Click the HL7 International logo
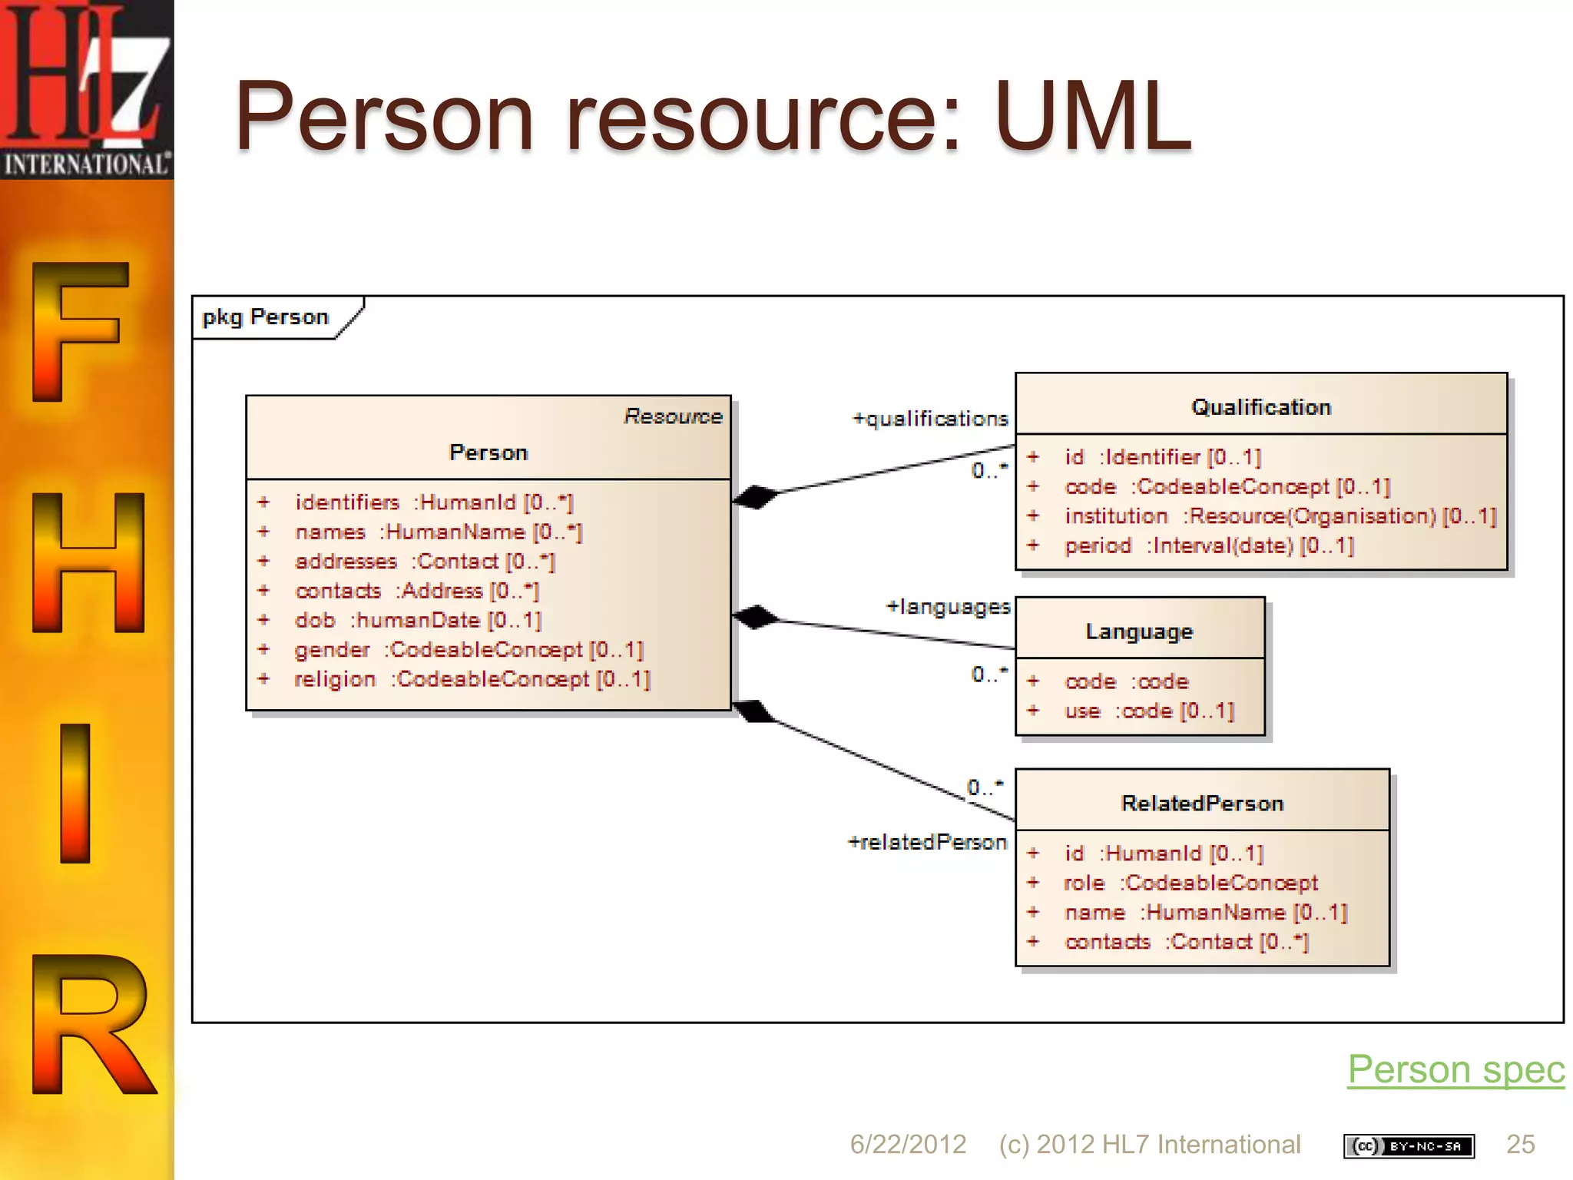tap(87, 88)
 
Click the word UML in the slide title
tap(1092, 117)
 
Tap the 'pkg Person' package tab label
tap(265, 317)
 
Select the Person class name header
tap(488, 452)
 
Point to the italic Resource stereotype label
tap(673, 416)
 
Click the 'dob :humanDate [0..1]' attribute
tap(418, 620)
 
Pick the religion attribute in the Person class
tap(472, 679)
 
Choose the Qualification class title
tap(1261, 407)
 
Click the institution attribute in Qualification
tap(1280, 516)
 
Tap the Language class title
tap(1139, 631)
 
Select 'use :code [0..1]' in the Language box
tap(1149, 711)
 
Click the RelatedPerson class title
tap(1202, 804)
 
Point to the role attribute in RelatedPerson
tap(1191, 883)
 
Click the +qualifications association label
tap(930, 419)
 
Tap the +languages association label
tap(948, 607)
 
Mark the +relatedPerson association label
tap(927, 842)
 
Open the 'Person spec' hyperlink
tap(1455, 1069)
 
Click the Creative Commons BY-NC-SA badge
tap(1409, 1146)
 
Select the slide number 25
tap(1520, 1145)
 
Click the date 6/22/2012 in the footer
tap(907, 1145)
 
